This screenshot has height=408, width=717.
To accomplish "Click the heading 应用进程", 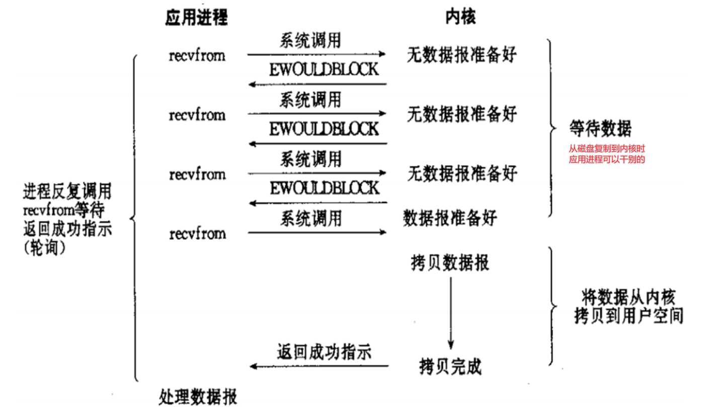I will [x=196, y=18].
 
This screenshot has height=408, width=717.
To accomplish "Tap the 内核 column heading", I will [x=460, y=18].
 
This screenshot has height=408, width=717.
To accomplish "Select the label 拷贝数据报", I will [x=450, y=263].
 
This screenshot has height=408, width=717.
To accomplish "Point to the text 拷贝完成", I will [x=450, y=366].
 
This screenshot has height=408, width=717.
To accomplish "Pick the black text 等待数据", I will [x=600, y=129].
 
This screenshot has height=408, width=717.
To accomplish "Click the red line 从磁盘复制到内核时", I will [x=607, y=150].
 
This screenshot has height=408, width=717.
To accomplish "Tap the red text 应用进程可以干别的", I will [x=607, y=160].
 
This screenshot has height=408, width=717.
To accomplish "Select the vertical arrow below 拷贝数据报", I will [x=450, y=312].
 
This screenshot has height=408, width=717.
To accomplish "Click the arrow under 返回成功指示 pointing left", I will [x=319, y=366].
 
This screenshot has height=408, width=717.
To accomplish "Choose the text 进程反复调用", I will [x=67, y=191].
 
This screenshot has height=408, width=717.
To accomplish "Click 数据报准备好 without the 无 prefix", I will [x=450, y=218].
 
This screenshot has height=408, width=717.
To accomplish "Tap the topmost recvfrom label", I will [x=197, y=55].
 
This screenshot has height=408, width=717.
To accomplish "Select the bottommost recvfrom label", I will [x=197, y=234].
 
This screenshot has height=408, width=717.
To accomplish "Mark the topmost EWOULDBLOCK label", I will [x=324, y=69].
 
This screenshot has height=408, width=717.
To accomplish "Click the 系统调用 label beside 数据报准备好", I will [x=310, y=218].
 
